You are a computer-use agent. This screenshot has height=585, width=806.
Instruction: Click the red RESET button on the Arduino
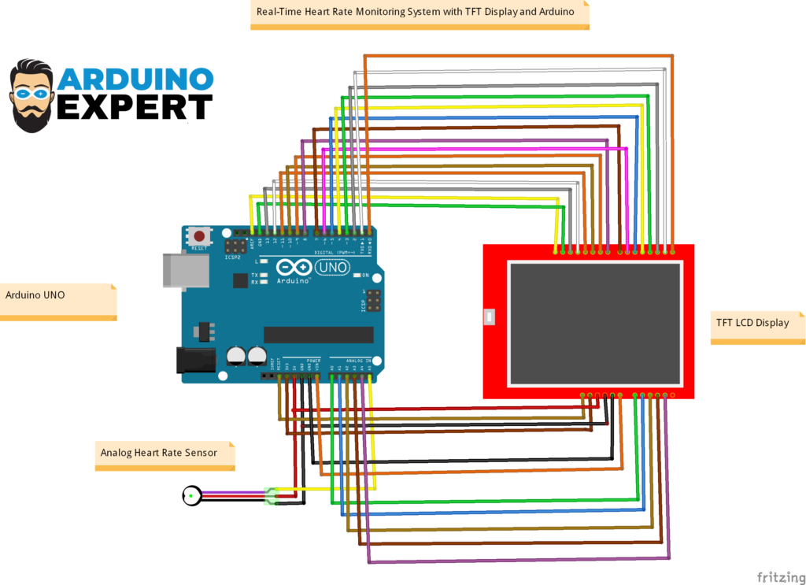[x=200, y=235]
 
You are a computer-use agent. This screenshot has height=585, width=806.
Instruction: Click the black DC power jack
[x=194, y=360]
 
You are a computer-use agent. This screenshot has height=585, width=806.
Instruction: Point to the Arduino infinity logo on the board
[x=294, y=268]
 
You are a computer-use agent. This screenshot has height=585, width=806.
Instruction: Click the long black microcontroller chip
[x=318, y=335]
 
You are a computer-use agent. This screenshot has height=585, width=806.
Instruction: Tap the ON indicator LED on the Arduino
[x=357, y=275]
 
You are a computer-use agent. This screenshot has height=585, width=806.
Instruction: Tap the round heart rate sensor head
[x=191, y=495]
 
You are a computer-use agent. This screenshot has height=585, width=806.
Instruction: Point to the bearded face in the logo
[x=32, y=94]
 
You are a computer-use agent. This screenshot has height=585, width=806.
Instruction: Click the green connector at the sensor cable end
[x=272, y=496]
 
